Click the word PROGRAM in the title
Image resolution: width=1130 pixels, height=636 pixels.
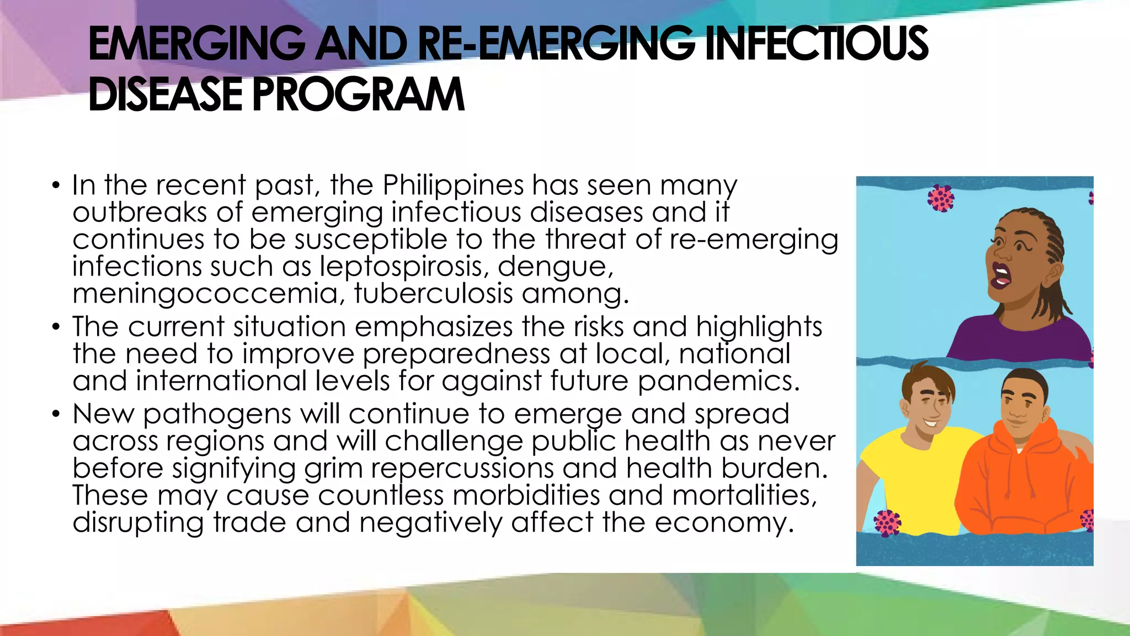coord(358,94)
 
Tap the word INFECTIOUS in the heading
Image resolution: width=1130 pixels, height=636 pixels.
coord(817,44)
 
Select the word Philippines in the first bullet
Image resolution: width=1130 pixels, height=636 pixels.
coord(452,185)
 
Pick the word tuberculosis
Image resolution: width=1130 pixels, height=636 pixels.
coord(434,293)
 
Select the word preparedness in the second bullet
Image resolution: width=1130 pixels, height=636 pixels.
coord(456,354)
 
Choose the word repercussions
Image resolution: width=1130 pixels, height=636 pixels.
coord(462,469)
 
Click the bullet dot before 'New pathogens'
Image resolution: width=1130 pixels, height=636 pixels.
coord(56,414)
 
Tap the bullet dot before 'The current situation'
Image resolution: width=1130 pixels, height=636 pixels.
coord(56,326)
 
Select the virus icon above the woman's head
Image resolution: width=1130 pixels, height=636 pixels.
coord(941,198)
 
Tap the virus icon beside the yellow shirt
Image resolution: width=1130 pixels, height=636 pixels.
coord(887,523)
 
